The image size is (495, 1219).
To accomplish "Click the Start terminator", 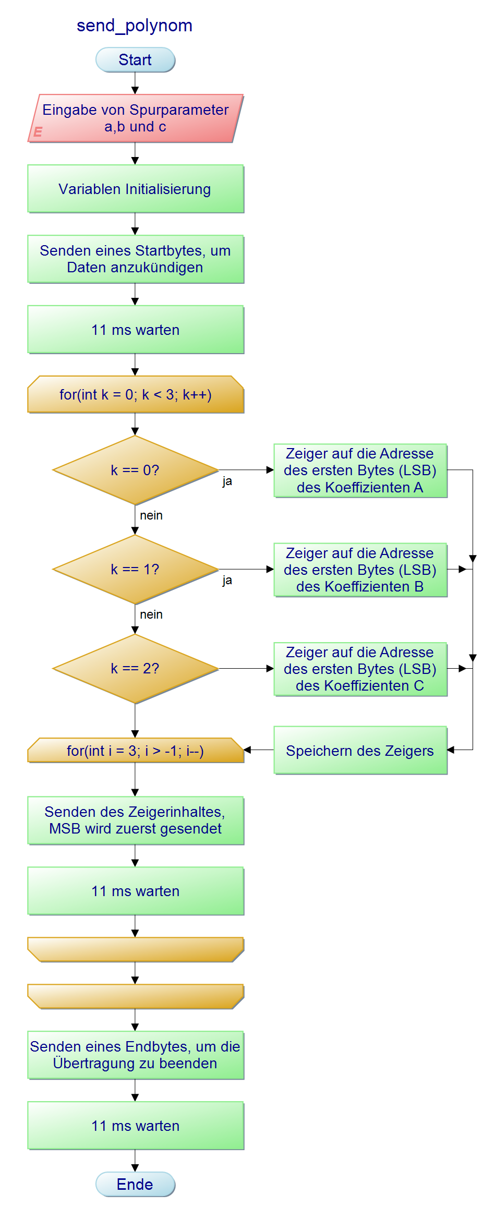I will click(x=135, y=60).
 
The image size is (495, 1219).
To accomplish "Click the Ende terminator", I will click(x=135, y=1184).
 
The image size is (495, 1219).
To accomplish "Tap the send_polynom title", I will click(x=135, y=26).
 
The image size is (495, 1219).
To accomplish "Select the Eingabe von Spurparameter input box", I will click(x=135, y=118).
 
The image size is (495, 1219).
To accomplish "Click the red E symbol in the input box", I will click(x=38, y=132).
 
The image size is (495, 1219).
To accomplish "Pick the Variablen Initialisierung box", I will click(x=135, y=189).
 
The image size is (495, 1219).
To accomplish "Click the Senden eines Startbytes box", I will click(x=135, y=259).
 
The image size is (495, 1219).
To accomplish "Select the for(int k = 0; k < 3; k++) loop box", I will click(x=135, y=395).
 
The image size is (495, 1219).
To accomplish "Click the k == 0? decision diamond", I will click(x=135, y=470).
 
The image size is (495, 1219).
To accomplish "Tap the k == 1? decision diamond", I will click(x=135, y=569).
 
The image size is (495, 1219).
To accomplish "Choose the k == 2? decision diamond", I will click(x=135, y=668).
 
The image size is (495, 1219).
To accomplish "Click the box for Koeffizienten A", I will click(x=360, y=470).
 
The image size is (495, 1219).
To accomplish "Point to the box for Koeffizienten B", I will click(x=360, y=570).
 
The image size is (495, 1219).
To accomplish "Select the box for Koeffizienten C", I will click(x=360, y=669).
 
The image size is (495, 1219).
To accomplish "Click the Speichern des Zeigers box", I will click(x=360, y=751).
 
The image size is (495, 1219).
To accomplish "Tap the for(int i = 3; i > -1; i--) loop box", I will click(x=135, y=751).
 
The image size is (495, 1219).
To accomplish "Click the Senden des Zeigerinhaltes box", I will click(x=135, y=820).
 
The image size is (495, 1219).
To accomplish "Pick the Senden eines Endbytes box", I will click(x=135, y=1055).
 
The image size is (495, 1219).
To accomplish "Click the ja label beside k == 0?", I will click(x=227, y=481).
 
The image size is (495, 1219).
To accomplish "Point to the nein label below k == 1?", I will click(x=151, y=614).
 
